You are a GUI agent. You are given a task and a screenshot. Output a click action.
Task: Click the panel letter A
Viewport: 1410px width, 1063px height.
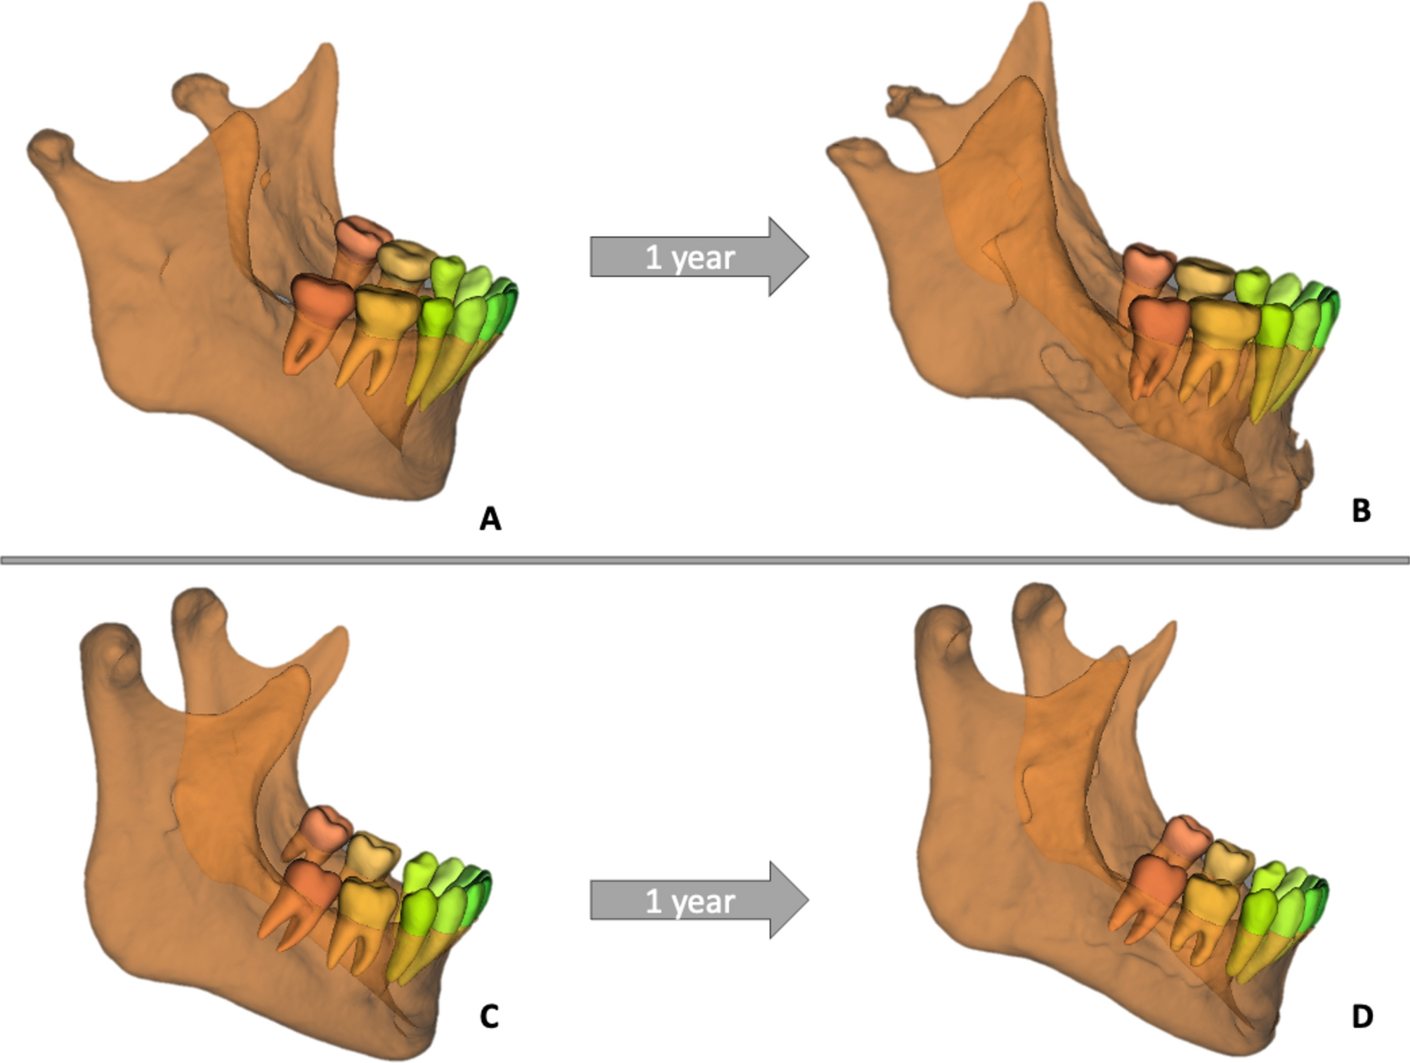(x=490, y=519)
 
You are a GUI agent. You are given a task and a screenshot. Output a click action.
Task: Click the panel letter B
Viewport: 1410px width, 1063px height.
(x=1361, y=511)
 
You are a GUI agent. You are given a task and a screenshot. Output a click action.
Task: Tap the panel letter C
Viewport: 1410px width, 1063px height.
(x=489, y=1016)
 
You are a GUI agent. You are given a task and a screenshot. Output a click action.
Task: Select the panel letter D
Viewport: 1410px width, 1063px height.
(x=1362, y=1016)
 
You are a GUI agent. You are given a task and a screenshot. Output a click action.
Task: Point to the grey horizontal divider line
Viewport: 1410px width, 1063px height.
(x=705, y=560)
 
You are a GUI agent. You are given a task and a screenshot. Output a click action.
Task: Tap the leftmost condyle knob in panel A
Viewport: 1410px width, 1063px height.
(x=49, y=146)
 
